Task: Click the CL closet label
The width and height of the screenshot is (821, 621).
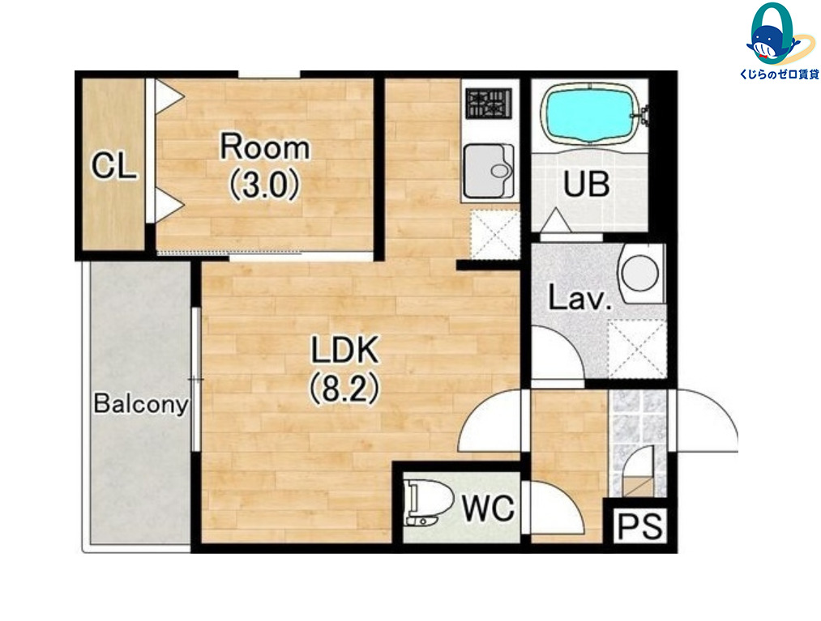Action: [x=114, y=166]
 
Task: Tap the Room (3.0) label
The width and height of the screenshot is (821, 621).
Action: [x=265, y=166]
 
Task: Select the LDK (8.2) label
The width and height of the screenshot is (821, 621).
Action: [x=344, y=369]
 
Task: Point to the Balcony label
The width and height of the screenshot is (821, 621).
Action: [x=141, y=404]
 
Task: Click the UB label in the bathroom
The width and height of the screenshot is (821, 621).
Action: [x=587, y=184]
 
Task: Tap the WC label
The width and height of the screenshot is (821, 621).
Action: [x=489, y=508]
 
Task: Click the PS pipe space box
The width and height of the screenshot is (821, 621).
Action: [x=640, y=525]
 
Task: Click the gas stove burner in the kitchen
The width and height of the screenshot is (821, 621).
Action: [x=489, y=103]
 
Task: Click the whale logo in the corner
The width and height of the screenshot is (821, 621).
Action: [x=772, y=33]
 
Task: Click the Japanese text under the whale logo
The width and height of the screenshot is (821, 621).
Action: [x=780, y=74]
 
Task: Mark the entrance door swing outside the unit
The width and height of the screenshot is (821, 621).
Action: [x=707, y=420]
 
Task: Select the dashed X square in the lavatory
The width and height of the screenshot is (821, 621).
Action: [x=637, y=349]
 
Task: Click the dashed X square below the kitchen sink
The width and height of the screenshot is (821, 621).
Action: [x=495, y=234]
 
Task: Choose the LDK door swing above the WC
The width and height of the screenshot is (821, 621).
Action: [x=490, y=421]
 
